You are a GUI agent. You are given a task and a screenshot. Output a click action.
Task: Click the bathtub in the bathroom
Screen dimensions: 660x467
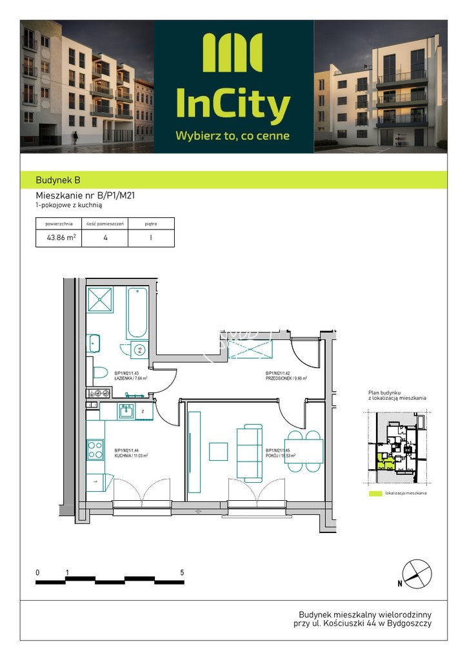(137, 313)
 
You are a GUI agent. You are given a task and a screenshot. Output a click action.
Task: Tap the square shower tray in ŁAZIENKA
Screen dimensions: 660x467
(101, 300)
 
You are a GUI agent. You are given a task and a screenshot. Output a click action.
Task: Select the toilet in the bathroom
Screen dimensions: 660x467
(99, 373)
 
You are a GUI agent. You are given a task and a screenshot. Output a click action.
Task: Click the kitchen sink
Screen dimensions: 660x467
(126, 411)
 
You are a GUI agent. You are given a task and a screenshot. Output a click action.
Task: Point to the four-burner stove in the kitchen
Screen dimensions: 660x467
(96, 449)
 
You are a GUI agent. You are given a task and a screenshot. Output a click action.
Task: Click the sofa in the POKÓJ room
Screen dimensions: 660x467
(250, 452)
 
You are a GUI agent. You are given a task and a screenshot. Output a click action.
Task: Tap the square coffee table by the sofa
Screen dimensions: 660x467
(218, 452)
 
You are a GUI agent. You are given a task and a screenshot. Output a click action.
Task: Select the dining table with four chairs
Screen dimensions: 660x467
(304, 447)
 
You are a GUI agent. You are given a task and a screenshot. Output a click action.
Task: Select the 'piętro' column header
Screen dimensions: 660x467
(151, 224)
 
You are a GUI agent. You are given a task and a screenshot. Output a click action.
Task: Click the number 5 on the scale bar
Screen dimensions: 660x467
(183, 572)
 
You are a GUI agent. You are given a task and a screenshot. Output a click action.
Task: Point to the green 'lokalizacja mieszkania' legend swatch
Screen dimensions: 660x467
(375, 493)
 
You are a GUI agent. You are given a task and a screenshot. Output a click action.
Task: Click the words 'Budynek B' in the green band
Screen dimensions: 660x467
(59, 180)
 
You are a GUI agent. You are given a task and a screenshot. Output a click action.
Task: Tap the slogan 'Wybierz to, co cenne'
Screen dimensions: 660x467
(233, 136)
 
